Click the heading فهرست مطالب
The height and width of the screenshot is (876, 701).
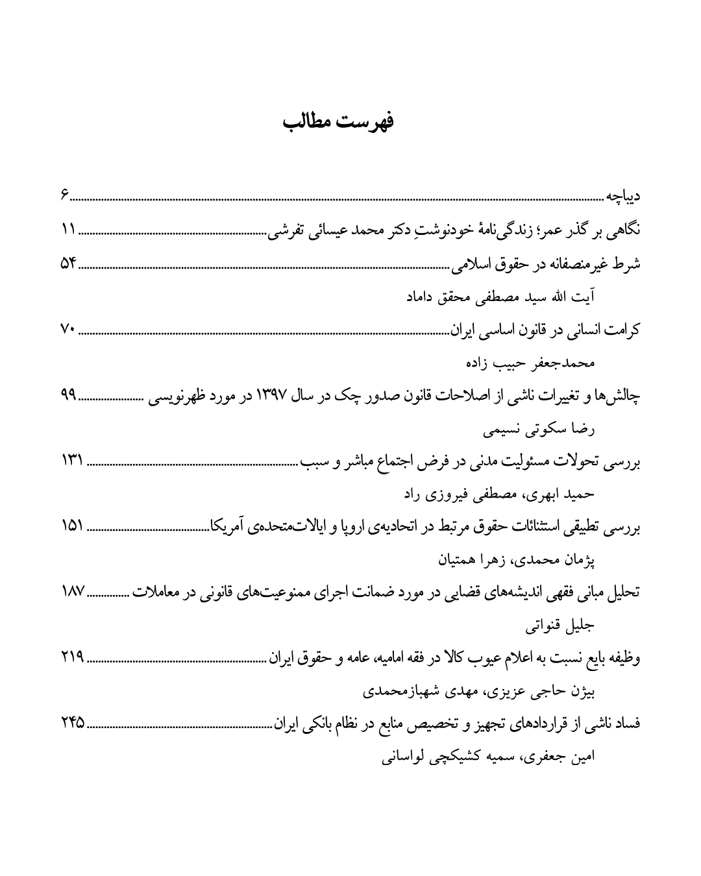(x=339, y=121)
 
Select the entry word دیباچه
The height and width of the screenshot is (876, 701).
(x=624, y=195)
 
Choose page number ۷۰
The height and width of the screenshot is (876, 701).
(x=68, y=330)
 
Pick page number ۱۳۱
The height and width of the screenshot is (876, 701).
(x=72, y=462)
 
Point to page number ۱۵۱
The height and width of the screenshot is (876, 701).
(x=72, y=528)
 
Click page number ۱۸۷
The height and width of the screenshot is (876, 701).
(x=72, y=594)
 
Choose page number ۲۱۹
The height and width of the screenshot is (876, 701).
(x=73, y=660)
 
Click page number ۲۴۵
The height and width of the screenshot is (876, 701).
(x=73, y=725)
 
